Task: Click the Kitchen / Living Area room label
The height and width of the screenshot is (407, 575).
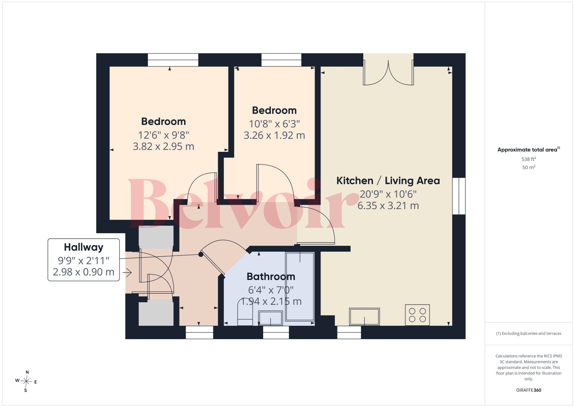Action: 388,181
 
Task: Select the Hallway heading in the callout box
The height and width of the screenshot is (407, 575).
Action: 84,247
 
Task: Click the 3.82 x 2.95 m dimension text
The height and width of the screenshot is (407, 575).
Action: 163,146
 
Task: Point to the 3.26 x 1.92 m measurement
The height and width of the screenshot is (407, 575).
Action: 274,135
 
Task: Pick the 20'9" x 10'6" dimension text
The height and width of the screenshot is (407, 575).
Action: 388,194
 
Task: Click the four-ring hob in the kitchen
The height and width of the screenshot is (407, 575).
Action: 417,315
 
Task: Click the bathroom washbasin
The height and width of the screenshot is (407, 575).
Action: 271,318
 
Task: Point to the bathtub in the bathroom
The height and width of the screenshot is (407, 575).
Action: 300,286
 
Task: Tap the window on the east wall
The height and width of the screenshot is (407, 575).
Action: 459,196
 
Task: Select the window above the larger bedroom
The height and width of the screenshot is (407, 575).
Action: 173,60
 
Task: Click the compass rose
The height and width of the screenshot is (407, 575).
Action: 26,381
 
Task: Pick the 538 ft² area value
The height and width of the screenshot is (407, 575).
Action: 529,159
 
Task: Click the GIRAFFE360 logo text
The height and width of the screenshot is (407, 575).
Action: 529,390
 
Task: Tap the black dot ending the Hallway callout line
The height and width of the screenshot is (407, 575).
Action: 201,254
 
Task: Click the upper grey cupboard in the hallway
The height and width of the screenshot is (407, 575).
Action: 156,237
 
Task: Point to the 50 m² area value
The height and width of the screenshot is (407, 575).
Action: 529,167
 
